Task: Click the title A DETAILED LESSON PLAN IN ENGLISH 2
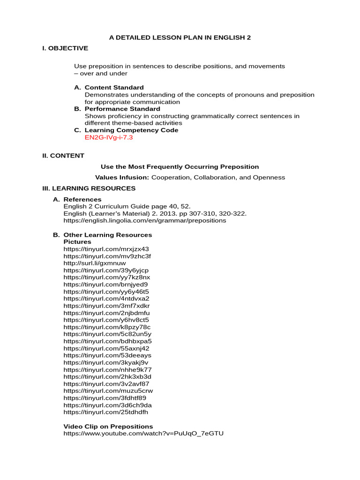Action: click(180, 37)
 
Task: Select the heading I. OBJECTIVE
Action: click(65, 48)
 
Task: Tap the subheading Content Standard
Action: click(114, 88)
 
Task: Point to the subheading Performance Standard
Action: click(122, 109)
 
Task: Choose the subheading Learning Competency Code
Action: click(131, 130)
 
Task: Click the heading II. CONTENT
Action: click(63, 156)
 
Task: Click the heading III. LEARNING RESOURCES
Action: click(89, 188)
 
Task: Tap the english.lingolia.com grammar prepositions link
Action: click(144, 220)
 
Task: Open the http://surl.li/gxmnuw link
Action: click(95, 263)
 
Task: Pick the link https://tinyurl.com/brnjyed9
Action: click(105, 285)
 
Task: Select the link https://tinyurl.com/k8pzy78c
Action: click(107, 327)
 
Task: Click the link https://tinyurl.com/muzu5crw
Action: click(108, 391)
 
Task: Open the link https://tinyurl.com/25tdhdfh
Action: click(105, 412)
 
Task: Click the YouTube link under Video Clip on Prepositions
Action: click(143, 434)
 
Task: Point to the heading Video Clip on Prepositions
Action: click(108, 427)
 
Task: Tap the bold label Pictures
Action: click(77, 242)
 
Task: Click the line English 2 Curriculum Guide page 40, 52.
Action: click(127, 206)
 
